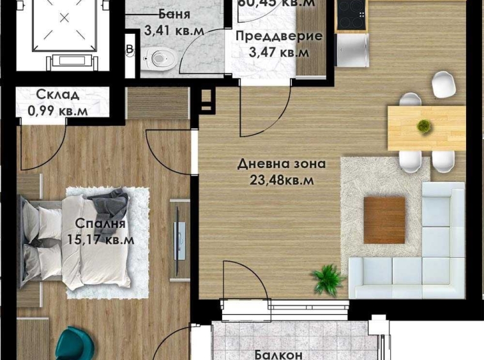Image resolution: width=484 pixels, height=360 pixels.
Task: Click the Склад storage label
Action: [57, 95]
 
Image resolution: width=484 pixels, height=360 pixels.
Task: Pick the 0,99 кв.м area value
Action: [57, 110]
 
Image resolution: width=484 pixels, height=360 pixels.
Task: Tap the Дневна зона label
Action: [282, 164]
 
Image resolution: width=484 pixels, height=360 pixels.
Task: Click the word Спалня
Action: [100, 224]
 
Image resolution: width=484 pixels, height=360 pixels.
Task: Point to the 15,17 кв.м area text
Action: [100, 240]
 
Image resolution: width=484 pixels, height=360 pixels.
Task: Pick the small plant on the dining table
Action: [423, 126]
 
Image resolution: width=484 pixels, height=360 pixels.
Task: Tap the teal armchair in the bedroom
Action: [80, 345]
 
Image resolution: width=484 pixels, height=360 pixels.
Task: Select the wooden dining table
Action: [426, 128]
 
